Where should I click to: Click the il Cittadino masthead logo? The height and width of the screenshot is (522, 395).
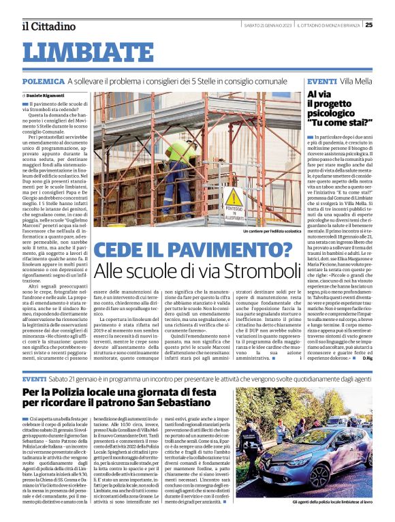pos(48,26)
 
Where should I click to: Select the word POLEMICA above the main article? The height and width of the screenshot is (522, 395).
pos(43,81)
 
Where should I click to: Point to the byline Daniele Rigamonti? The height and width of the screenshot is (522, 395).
pos(49,95)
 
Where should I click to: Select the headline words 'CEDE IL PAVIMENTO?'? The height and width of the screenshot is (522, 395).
pos(193,251)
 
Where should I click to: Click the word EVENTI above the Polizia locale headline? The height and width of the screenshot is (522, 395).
pos(34,378)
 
